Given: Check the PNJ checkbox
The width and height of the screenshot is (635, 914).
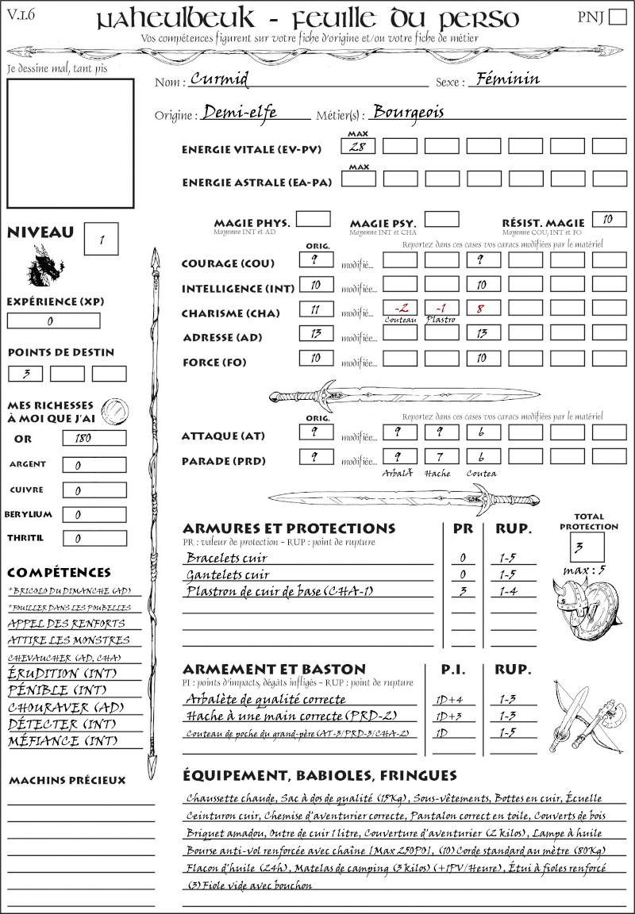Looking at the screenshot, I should pos(616,18).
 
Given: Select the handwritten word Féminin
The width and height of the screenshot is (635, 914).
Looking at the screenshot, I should pos(504,79).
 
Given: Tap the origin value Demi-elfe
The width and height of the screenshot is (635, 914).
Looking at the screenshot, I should pos(239,113).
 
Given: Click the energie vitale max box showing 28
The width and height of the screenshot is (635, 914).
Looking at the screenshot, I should pos(359,146).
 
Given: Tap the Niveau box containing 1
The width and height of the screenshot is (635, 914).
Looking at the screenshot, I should pos(103,238).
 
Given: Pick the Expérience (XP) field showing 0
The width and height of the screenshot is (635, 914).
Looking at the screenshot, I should pos(53,321).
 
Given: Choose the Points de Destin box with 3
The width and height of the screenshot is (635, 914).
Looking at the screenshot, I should pos(25,373).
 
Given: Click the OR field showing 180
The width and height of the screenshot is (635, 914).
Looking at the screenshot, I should pos(94,438).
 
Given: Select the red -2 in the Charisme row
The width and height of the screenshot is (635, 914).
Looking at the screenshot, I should pos(400,308).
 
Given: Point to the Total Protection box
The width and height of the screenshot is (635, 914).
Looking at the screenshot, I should pos(587,547).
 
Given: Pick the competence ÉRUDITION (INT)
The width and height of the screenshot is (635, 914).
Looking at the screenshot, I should pos(64,674).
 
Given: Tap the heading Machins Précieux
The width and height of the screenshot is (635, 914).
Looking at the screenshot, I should pos(67,781).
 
